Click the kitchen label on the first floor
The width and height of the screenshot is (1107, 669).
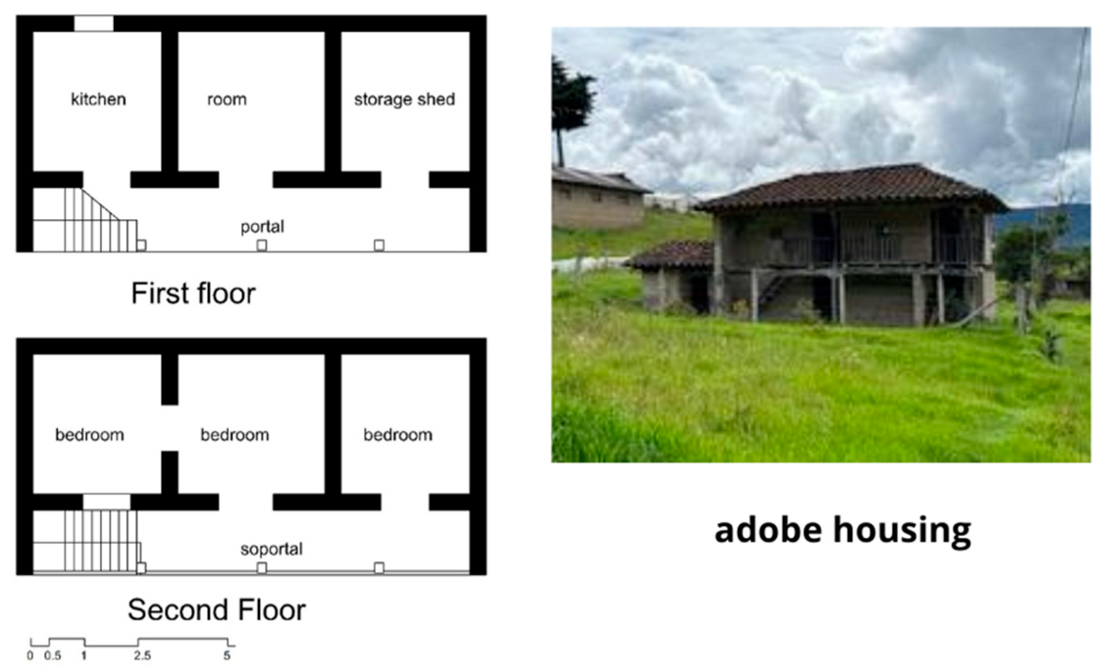pyautogui.click(x=98, y=99)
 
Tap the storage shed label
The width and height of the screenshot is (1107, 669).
pyautogui.click(x=404, y=99)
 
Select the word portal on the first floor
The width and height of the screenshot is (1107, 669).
pyautogui.click(x=262, y=227)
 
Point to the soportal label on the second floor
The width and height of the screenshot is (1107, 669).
pyautogui.click(x=271, y=549)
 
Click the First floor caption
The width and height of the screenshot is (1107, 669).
pyautogui.click(x=193, y=294)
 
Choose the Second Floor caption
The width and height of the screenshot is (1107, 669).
pyautogui.click(x=216, y=610)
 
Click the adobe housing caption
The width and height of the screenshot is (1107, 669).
pyautogui.click(x=842, y=530)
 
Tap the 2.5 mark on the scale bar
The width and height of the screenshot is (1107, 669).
pyautogui.click(x=142, y=656)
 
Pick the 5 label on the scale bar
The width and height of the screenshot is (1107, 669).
pyautogui.click(x=227, y=656)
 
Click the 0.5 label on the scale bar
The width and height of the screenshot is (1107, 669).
pyautogui.click(x=52, y=656)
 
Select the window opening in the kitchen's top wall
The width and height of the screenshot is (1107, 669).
pyautogui.click(x=93, y=24)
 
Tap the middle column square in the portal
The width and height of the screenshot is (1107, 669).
pyautogui.click(x=262, y=245)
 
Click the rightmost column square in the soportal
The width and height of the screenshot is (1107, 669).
pyautogui.click(x=379, y=568)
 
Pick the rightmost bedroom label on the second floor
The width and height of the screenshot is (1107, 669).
pyautogui.click(x=398, y=435)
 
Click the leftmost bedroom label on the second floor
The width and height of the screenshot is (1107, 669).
pyautogui.click(x=89, y=435)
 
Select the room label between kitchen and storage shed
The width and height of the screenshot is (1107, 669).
pyautogui.click(x=227, y=99)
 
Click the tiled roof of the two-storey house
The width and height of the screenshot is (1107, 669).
pyautogui.click(x=853, y=189)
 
